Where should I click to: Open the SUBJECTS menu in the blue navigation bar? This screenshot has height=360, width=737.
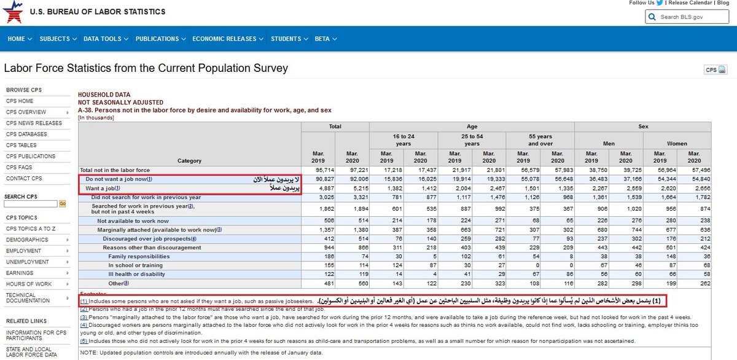click(58, 39)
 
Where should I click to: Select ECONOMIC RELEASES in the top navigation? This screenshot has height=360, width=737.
click(227, 39)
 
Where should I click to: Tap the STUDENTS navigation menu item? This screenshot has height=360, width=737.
click(289, 39)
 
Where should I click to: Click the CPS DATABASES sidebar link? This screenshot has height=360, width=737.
click(26, 134)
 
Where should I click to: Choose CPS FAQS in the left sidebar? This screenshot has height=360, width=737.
click(19, 167)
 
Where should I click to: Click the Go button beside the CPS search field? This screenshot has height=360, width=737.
click(63, 203)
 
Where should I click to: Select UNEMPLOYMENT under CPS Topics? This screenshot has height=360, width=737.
click(28, 262)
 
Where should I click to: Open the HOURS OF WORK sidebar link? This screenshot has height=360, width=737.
click(29, 284)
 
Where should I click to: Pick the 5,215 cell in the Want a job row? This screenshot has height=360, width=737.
click(358, 188)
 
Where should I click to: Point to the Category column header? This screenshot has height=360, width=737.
click(189, 161)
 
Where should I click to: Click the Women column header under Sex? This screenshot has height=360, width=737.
click(677, 144)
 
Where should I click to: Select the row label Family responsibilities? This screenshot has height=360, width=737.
click(139, 256)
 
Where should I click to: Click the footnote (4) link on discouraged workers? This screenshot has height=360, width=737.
click(84, 324)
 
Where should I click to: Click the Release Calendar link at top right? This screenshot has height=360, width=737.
click(691, 3)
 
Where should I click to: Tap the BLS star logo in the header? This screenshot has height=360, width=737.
click(12, 13)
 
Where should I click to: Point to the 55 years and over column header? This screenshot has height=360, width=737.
click(540, 140)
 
